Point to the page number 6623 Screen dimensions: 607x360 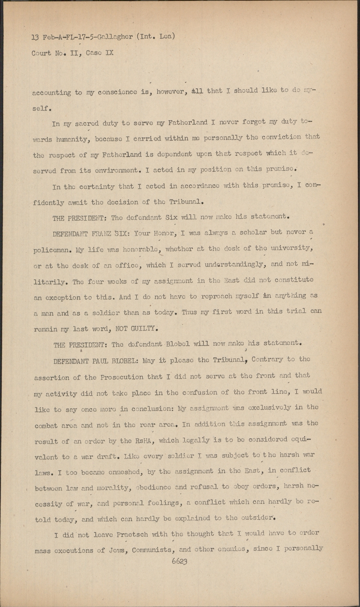180,561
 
